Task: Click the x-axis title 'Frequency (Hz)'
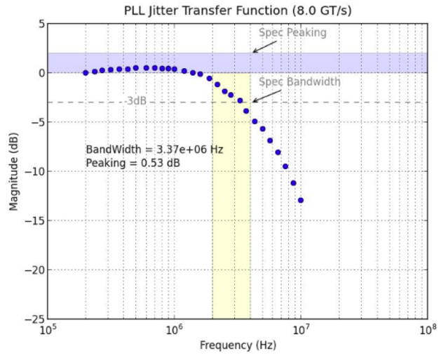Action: [238, 345]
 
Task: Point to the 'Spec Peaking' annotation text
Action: [292, 32]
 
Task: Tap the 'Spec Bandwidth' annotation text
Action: [299, 82]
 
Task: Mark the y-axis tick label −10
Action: [36, 171]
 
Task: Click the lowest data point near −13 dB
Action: [301, 200]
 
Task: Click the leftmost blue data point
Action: [86, 72]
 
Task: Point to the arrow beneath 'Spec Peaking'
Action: [264, 46]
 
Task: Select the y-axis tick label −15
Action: [36, 220]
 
